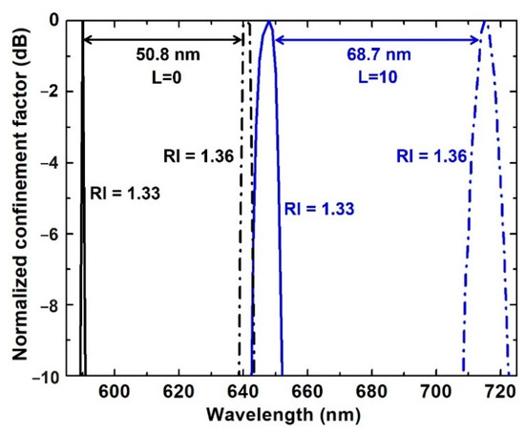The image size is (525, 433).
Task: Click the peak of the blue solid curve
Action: (x=269, y=22)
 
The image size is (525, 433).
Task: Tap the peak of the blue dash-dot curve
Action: (x=485, y=22)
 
